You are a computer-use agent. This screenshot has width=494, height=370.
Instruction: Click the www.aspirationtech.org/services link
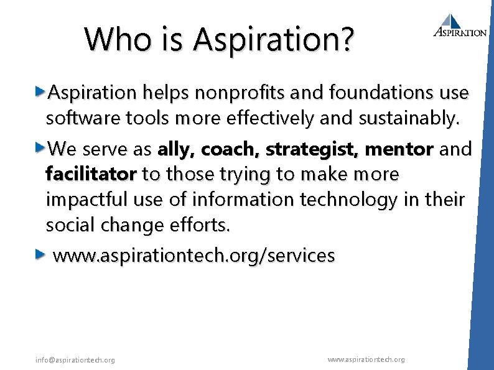coord(194,255)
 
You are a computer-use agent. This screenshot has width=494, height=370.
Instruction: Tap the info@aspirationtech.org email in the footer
coord(75,360)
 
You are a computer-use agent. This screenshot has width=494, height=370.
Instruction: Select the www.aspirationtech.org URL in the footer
coord(366,359)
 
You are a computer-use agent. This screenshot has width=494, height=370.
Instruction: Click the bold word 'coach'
coord(232,149)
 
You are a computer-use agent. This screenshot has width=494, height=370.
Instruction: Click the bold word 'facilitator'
coord(91,174)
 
